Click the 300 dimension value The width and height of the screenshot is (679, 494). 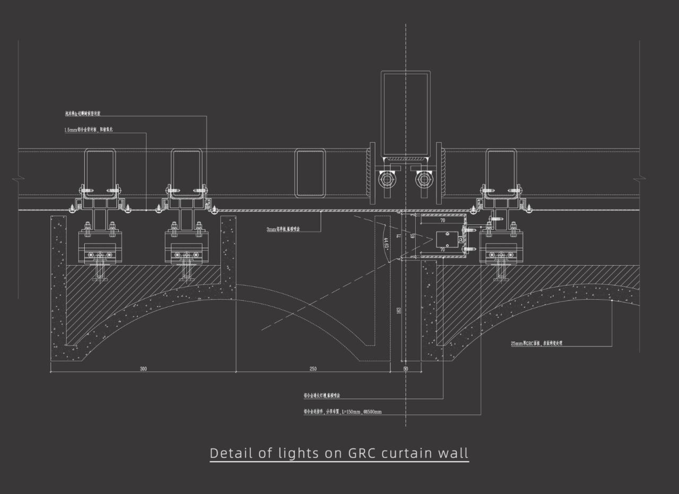(143, 369)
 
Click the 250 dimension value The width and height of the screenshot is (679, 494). (313, 369)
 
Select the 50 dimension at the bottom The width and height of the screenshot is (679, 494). (406, 369)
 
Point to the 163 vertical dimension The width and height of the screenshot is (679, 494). (399, 311)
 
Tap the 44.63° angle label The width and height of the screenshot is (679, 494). (386, 243)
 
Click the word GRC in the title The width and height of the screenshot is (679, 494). (364, 453)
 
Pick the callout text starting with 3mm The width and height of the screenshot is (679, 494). (283, 229)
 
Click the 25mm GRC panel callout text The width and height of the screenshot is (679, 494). (536, 343)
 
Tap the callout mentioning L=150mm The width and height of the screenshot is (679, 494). (343, 412)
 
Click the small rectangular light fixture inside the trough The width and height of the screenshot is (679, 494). (447, 241)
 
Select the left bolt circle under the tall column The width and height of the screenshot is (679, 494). (387, 180)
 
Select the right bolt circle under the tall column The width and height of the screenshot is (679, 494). (424, 180)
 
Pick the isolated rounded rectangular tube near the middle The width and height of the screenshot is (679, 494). (310, 173)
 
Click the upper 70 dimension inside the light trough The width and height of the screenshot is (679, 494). (442, 219)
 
